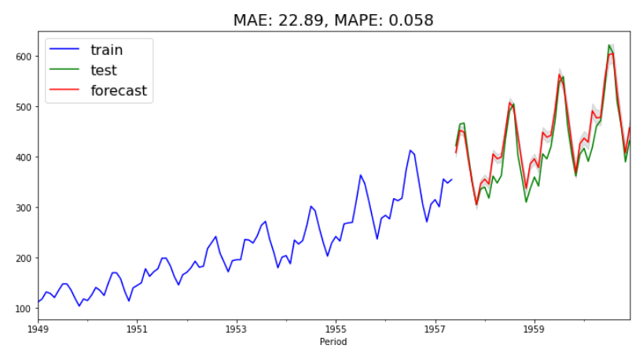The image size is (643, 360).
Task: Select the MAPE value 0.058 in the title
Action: (x=409, y=20)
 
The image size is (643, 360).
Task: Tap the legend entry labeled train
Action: (x=106, y=50)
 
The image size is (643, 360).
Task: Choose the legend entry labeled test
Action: (x=104, y=71)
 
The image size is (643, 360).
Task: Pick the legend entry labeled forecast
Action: (x=119, y=90)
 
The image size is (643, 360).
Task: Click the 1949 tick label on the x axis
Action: (x=38, y=329)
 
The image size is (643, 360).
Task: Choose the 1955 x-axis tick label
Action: (x=336, y=329)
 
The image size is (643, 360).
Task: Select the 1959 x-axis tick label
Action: (x=535, y=329)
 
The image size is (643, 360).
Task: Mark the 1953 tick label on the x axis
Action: (x=237, y=329)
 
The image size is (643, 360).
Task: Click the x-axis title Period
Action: (x=333, y=342)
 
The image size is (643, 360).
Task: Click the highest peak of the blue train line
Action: (x=410, y=150)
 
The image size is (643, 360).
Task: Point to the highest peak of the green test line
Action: (x=610, y=46)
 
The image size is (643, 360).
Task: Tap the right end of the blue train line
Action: (x=451, y=179)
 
